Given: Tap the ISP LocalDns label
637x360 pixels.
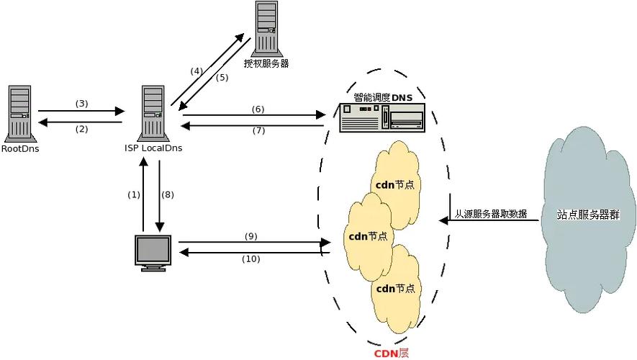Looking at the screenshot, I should (x=153, y=148).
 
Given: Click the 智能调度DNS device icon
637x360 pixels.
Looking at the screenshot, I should (x=382, y=117).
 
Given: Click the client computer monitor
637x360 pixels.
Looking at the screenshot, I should (x=153, y=253).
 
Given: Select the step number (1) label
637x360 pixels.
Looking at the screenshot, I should (x=134, y=194).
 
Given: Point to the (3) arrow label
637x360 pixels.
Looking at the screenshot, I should (x=81, y=103).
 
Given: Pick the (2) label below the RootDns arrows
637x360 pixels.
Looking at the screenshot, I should (x=81, y=129).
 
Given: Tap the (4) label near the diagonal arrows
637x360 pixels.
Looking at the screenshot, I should (x=196, y=71).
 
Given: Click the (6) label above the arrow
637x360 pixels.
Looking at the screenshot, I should (x=258, y=109).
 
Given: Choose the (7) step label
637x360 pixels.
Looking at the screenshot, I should (x=258, y=130).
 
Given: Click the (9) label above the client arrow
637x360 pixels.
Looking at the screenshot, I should (x=250, y=235).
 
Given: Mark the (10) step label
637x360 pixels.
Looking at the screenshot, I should (x=250, y=258).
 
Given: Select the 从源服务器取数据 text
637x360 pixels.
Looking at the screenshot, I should (x=490, y=214).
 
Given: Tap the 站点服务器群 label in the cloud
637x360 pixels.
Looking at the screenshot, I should (x=587, y=215).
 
